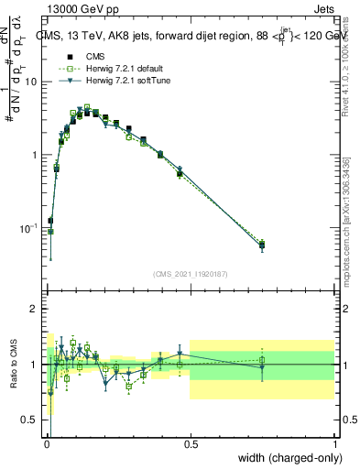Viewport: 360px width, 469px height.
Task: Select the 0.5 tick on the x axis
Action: [191, 442]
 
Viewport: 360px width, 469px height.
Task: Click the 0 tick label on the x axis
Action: [47, 442]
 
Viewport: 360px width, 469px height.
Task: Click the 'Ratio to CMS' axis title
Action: [14, 364]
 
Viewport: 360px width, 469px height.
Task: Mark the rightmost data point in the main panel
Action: [262, 245]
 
